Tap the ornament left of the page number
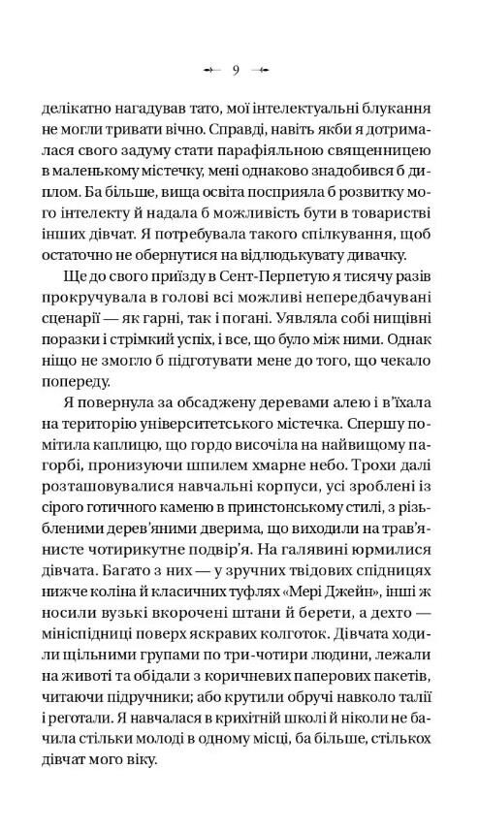(212, 70)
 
